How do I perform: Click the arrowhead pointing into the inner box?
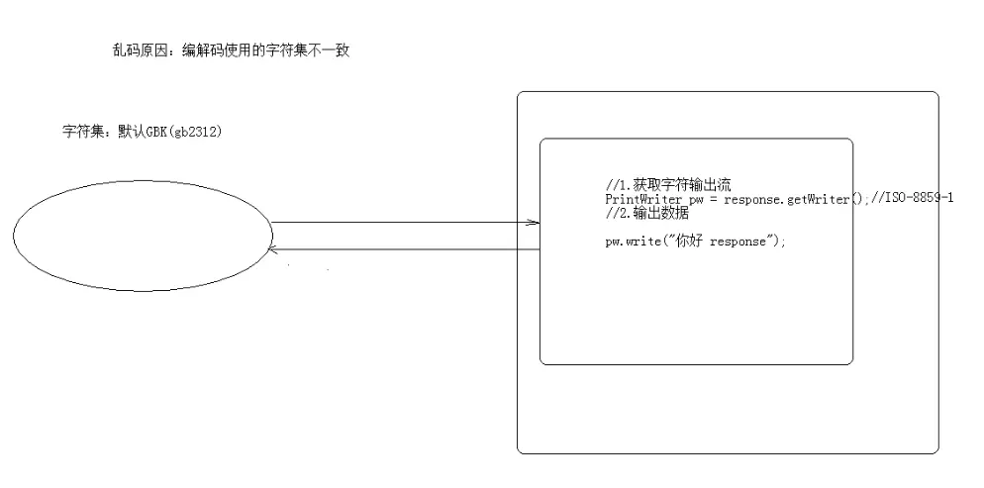(535, 223)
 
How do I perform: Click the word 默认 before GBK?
(131, 132)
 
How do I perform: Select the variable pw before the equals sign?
(695, 199)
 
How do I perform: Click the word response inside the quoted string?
(738, 242)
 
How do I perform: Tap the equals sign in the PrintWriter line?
(715, 199)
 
